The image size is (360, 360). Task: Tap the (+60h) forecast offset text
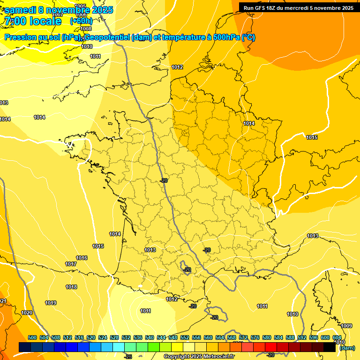coord(81,21)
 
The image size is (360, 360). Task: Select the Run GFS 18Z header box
coord(298,7)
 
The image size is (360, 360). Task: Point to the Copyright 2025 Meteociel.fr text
coord(199,357)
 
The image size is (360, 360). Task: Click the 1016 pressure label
coord(82,258)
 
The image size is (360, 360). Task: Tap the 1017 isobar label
coord(71,264)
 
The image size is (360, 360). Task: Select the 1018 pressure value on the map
coord(71,287)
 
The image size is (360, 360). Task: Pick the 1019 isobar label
coord(51,303)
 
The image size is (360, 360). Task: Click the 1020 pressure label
coord(27,313)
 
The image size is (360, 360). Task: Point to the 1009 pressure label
coord(346,326)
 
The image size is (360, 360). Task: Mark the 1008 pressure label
coord(86,29)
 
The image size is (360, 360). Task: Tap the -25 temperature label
coord(128,357)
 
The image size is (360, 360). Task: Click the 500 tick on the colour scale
coord(32,337)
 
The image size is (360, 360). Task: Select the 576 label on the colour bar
coord(255,337)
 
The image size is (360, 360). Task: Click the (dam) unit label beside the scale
coord(347,348)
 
